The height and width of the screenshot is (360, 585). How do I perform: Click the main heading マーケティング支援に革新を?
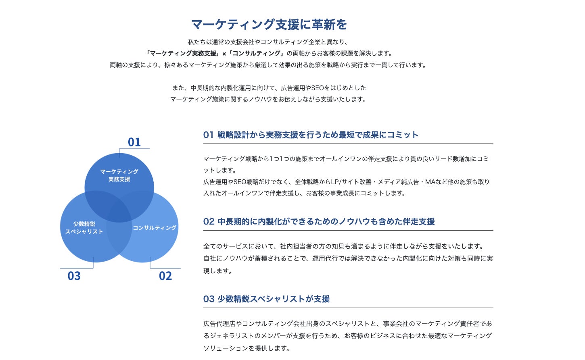(269, 25)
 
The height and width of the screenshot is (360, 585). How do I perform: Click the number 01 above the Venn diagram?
(134, 142)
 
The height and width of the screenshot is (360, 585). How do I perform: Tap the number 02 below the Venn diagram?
(165, 276)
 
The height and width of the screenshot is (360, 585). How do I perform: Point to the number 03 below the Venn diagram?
(74, 276)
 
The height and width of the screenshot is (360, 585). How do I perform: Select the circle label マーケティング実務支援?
(119, 175)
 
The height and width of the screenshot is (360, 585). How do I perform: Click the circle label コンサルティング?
(155, 228)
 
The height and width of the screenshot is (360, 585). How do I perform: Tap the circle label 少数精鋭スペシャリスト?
(84, 228)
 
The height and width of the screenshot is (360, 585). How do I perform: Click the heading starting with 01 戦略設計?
(311, 135)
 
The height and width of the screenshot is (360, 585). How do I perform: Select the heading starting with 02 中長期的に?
(319, 222)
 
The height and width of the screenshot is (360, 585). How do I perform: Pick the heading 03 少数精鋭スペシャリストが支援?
(266, 299)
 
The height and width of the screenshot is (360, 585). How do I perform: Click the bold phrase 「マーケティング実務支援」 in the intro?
(183, 53)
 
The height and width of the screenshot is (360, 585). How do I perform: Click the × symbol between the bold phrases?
(224, 54)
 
